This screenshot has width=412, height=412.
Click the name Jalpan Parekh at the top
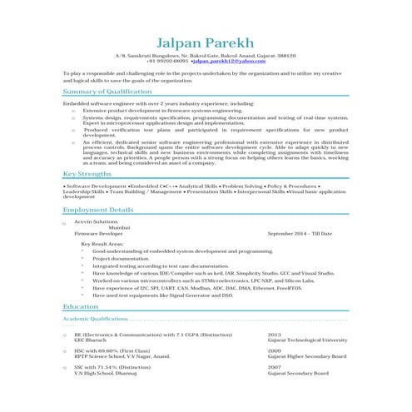pyautogui.click(x=205, y=39)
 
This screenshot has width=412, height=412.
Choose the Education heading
pyautogui.click(x=80, y=306)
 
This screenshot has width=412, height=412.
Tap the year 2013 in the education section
pyautogui.click(x=274, y=334)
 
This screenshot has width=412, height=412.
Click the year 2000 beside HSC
pyautogui.click(x=274, y=350)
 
